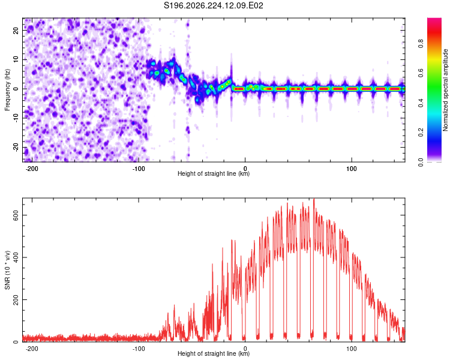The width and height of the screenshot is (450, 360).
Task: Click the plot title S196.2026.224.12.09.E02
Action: [213, 5]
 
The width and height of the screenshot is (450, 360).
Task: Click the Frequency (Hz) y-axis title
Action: [7, 90]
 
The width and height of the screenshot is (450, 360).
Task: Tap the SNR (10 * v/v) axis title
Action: [7, 270]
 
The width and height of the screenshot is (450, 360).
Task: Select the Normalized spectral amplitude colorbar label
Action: [445, 90]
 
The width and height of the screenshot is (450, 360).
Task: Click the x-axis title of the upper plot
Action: [214, 173]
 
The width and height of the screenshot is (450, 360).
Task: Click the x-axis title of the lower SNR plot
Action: [214, 353]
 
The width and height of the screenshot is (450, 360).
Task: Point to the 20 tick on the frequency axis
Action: [16, 30]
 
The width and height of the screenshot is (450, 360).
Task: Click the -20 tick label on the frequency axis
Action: [16, 148]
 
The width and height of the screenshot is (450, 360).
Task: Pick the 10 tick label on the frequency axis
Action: [16, 59]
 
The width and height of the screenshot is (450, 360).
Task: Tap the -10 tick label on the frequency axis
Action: [16, 118]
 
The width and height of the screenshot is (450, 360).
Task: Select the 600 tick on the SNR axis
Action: [16, 215]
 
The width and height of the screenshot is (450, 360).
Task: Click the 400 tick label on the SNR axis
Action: [16, 257]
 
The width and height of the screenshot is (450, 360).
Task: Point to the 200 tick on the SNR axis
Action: [16, 299]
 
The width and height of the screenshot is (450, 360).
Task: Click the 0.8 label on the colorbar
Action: [421, 43]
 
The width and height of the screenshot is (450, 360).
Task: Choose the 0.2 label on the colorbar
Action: [421, 133]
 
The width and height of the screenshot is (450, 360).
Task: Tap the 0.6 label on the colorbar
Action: [421, 73]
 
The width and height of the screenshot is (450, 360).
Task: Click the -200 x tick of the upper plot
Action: [32, 169]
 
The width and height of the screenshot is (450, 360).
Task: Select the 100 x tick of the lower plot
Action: [351, 349]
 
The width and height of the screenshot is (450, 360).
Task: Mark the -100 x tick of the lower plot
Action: [139, 349]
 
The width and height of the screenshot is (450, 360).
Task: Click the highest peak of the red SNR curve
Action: [314, 199]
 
